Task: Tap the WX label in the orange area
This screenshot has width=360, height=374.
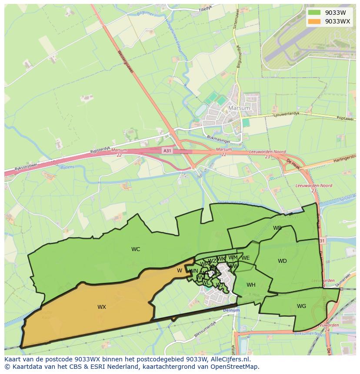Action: (102, 307)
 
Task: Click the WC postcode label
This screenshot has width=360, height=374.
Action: (136, 249)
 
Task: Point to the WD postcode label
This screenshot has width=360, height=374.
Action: (282, 261)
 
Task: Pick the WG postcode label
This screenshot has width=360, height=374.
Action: (301, 306)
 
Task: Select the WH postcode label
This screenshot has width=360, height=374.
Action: (251, 285)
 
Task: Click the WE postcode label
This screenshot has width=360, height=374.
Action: (246, 258)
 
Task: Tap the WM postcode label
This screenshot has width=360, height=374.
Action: (233, 258)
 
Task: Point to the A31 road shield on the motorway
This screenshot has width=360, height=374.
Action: (167, 150)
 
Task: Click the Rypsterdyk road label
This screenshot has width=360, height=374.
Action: (100, 149)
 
